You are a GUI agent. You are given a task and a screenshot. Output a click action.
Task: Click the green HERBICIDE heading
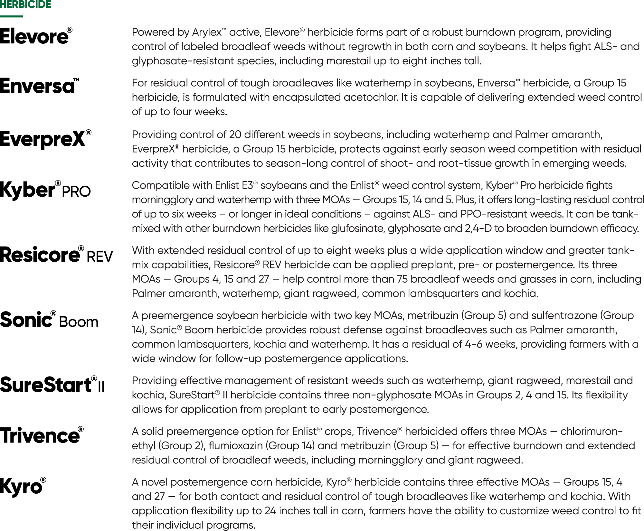click(x=25, y=5)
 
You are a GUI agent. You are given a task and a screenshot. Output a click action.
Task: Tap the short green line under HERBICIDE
click(x=11, y=16)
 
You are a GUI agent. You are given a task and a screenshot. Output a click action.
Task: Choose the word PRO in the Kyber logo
click(x=76, y=192)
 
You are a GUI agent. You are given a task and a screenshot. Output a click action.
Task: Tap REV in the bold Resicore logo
click(x=100, y=257)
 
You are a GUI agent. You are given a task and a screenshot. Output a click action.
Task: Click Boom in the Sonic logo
click(x=79, y=322)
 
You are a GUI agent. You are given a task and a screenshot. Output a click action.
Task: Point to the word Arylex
click(x=207, y=33)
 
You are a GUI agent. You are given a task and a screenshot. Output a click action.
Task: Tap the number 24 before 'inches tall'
click(x=270, y=511)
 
